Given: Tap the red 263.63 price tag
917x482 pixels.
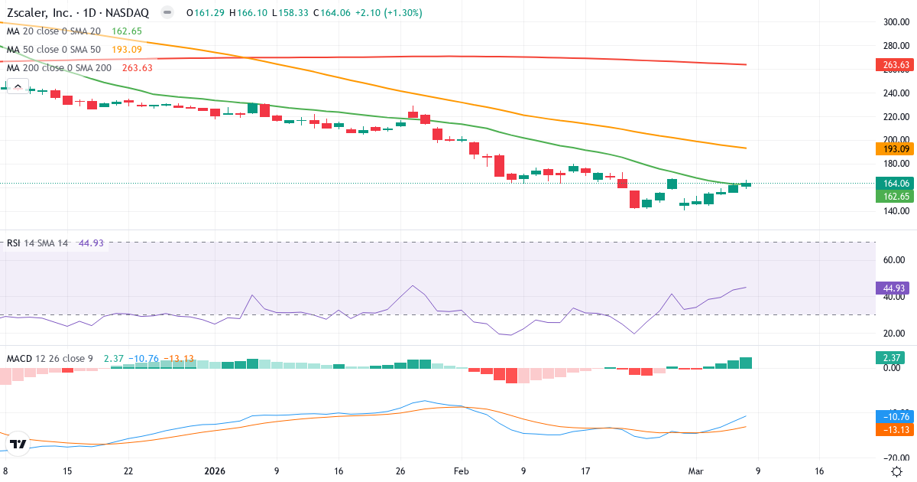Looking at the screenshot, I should pyautogui.click(x=895, y=65).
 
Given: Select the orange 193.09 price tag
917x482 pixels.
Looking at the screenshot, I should pyautogui.click(x=895, y=149).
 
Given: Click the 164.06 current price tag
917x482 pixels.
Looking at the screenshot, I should pyautogui.click(x=895, y=184).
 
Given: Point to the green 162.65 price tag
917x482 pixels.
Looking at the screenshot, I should pyautogui.click(x=895, y=196).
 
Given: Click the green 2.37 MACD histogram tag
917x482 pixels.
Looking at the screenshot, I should pyautogui.click(x=891, y=357).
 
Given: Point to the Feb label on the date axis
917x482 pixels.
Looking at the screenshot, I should pyautogui.click(x=460, y=471).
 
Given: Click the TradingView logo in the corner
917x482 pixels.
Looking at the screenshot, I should pyautogui.click(x=18, y=444).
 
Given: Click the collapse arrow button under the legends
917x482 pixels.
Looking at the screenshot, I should pyautogui.click(x=17, y=85).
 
